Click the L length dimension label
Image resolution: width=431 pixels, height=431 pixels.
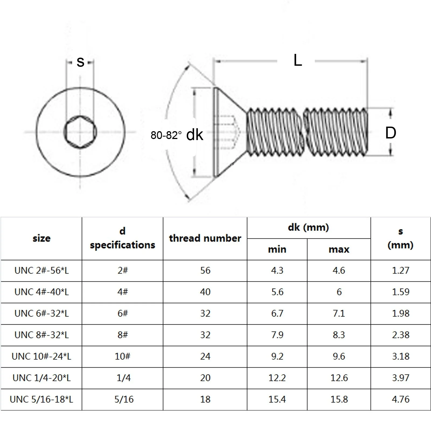click(298, 60)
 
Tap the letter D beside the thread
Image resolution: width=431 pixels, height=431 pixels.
click(390, 133)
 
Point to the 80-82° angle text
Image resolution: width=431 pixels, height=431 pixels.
click(166, 135)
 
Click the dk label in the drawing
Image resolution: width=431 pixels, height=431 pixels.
click(194, 135)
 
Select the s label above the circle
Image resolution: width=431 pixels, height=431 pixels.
click(80, 62)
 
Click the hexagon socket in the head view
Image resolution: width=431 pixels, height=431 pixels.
click(80, 132)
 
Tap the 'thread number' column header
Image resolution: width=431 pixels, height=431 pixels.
click(205, 238)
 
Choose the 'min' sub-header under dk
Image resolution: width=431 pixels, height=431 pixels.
click(277, 249)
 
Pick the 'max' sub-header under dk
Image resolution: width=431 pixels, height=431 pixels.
click(339, 249)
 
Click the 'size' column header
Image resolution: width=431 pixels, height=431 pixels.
click(41, 238)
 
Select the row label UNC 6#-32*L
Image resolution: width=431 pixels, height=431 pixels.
click(41, 314)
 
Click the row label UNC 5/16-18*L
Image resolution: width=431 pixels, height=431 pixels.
click(41, 399)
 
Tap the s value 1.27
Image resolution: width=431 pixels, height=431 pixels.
click(401, 270)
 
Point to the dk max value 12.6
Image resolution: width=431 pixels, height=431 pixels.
click(339, 378)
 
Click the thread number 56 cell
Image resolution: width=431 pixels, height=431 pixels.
click(205, 270)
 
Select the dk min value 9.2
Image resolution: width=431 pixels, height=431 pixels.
click(277, 356)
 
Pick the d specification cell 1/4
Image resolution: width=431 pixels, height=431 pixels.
click(123, 378)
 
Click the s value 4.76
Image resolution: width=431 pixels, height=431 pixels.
click(401, 399)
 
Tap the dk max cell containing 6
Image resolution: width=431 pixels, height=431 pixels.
click(339, 292)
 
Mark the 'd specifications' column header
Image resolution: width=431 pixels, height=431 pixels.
click(122, 238)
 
